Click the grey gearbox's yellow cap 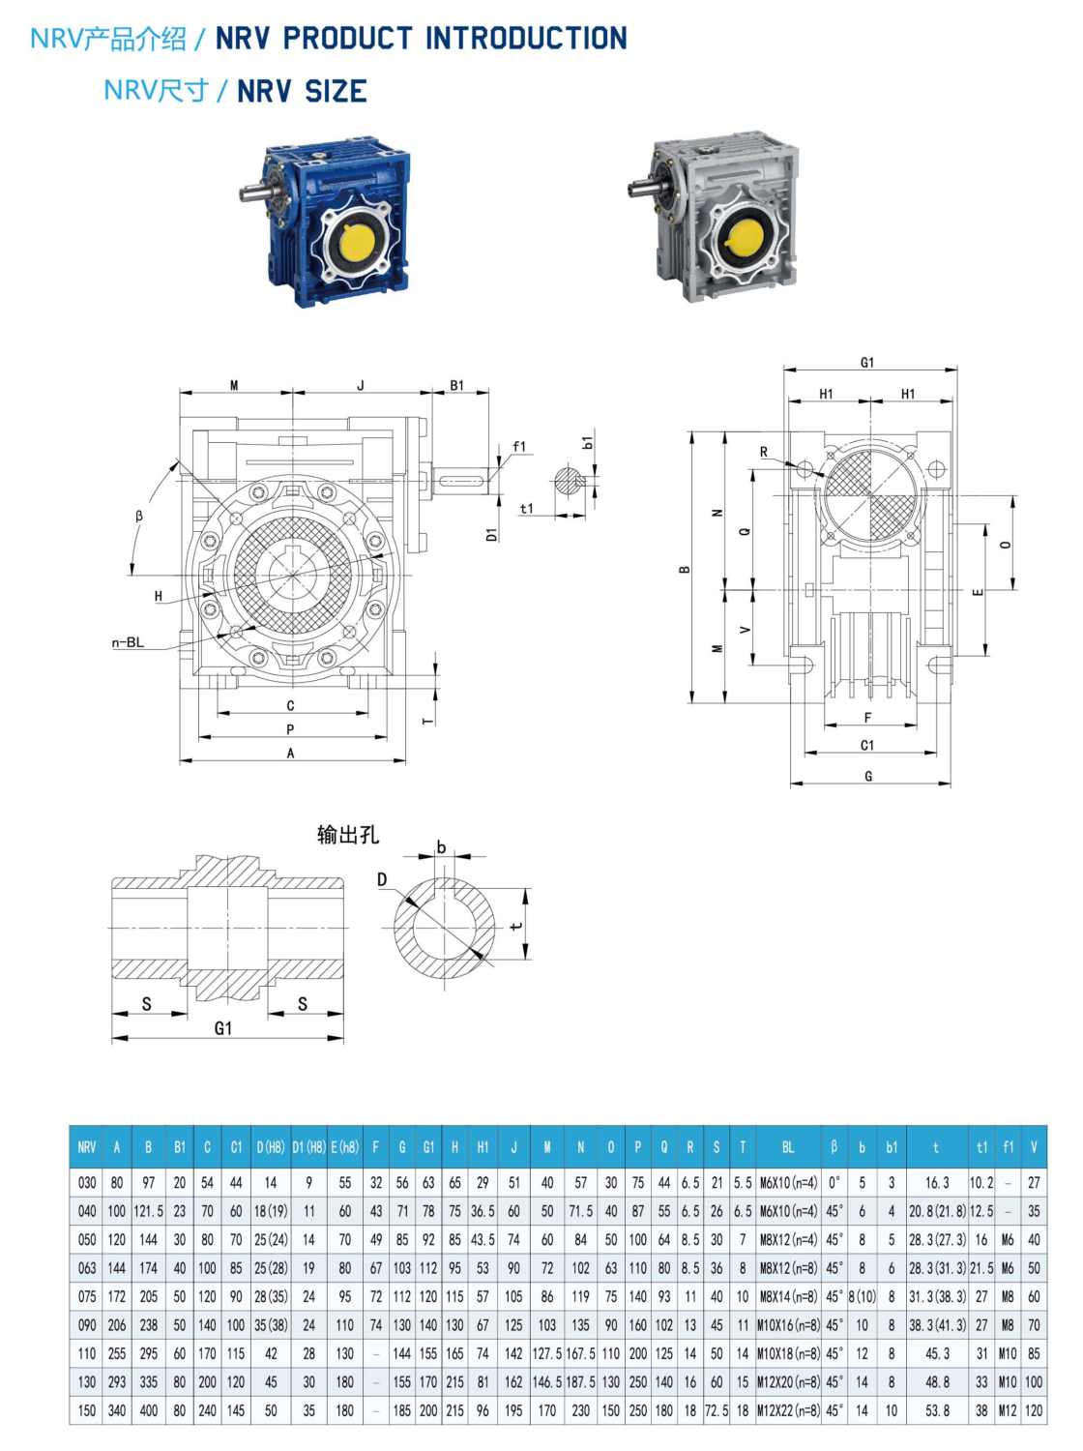pyautogui.click(x=746, y=238)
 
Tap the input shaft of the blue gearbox pyautogui.click(x=254, y=192)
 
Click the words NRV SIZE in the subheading pyautogui.click(x=302, y=91)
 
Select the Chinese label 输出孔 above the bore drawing pyautogui.click(x=347, y=834)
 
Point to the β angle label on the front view pyautogui.click(x=139, y=516)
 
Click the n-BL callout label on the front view pyautogui.click(x=128, y=642)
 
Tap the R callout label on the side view pyautogui.click(x=763, y=452)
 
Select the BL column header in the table pyautogui.click(x=787, y=1147)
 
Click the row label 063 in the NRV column pyautogui.click(x=87, y=1268)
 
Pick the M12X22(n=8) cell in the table pyautogui.click(x=787, y=1410)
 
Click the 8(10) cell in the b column pyautogui.click(x=862, y=1296)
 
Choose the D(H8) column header pyautogui.click(x=270, y=1147)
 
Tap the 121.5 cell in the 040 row pyautogui.click(x=148, y=1211)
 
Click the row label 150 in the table pyautogui.click(x=87, y=1410)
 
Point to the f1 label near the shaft pyautogui.click(x=519, y=446)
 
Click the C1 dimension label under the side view pyautogui.click(x=867, y=745)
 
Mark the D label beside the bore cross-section pyautogui.click(x=382, y=879)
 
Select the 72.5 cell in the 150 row pyautogui.click(x=716, y=1410)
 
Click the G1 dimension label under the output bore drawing pyautogui.click(x=223, y=1028)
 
